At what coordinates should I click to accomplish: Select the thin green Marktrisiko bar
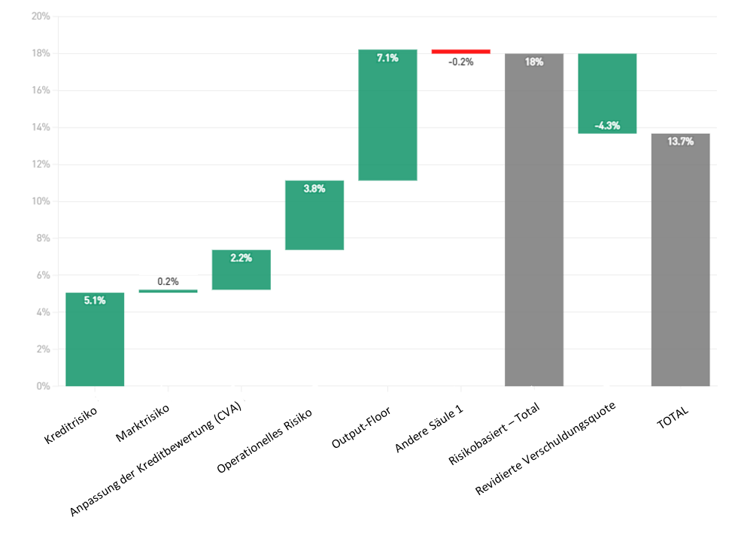168,291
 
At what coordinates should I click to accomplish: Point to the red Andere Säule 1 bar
460,51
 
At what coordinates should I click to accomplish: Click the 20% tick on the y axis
41,17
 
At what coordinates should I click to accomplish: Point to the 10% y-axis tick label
41,201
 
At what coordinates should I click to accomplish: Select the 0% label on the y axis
43,386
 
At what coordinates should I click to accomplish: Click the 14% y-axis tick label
41,128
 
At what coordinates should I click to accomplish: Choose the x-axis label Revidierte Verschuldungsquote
546,449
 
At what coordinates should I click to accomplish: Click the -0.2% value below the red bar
460,62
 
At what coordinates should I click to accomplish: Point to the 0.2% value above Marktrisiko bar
168,282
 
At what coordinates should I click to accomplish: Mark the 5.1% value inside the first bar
95,301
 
